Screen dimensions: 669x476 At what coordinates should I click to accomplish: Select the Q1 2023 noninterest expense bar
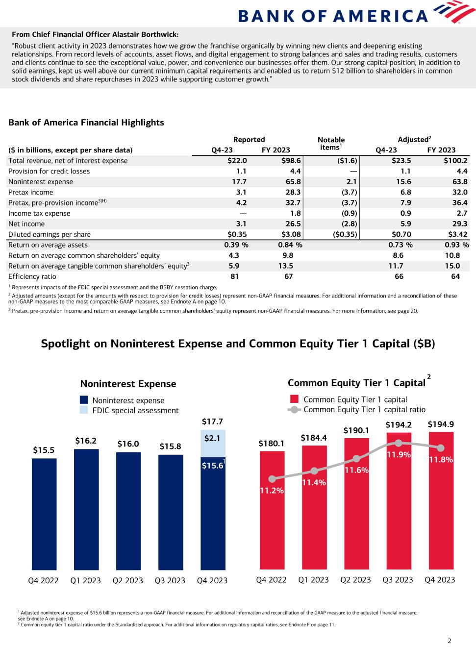pyautogui.click(x=86, y=510)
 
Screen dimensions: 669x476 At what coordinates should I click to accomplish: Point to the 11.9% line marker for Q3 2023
pyautogui.click(x=399, y=443)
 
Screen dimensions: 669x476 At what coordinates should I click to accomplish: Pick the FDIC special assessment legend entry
pyautogui.click(x=135, y=410)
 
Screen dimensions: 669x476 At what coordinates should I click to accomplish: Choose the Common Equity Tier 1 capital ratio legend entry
pyautogui.click(x=364, y=409)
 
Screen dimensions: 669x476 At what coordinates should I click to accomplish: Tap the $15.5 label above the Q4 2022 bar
pyautogui.click(x=44, y=449)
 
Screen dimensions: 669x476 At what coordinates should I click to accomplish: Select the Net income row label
pyautogui.click(x=26, y=224)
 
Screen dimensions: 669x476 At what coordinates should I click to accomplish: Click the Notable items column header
pyautogui.click(x=331, y=144)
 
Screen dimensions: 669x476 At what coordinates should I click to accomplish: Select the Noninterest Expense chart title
pyautogui.click(x=128, y=384)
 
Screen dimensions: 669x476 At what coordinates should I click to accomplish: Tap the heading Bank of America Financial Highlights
pyautogui.click(x=86, y=123)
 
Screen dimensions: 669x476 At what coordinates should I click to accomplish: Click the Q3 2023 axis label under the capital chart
pyautogui.click(x=398, y=580)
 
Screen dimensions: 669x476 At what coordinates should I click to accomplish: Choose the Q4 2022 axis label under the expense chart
pyautogui.click(x=44, y=580)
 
